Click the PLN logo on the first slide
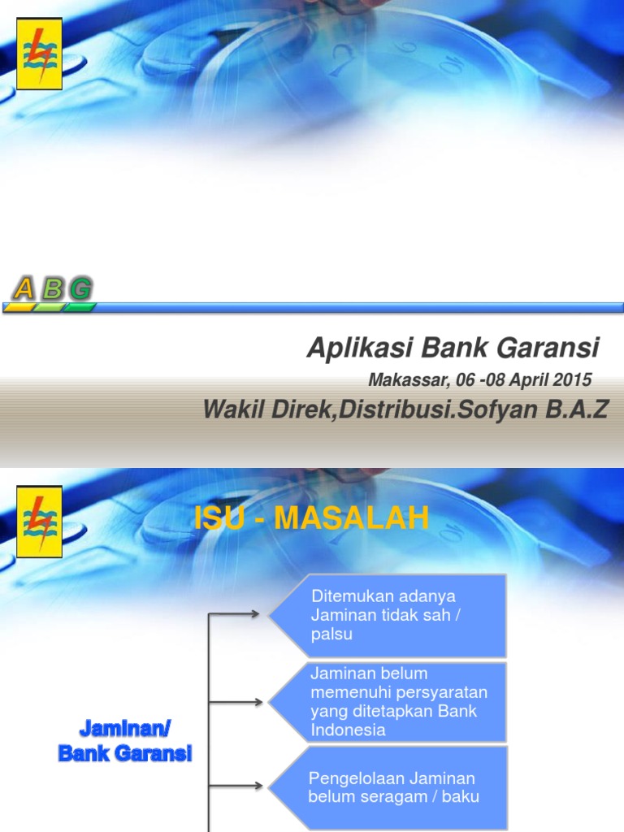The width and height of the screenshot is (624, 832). [x=39, y=53]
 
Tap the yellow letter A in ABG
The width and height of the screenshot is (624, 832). [x=24, y=288]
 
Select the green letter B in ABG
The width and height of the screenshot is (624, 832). [x=52, y=288]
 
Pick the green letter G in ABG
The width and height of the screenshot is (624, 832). [x=80, y=288]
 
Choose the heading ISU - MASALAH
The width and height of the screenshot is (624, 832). [x=311, y=518]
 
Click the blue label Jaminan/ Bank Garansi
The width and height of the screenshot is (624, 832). [x=124, y=739]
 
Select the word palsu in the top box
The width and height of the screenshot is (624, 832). [x=331, y=635]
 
